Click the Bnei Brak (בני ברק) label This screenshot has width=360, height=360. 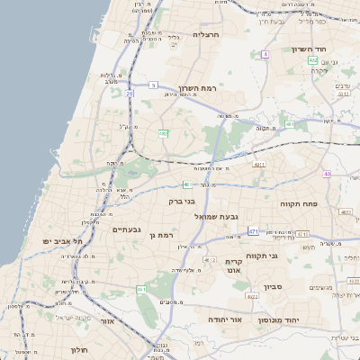coord(182,202)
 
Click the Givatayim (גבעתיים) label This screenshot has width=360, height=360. coord(127,229)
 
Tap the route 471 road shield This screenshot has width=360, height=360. coord(254,231)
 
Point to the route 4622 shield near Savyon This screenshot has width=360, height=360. coord(252,295)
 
